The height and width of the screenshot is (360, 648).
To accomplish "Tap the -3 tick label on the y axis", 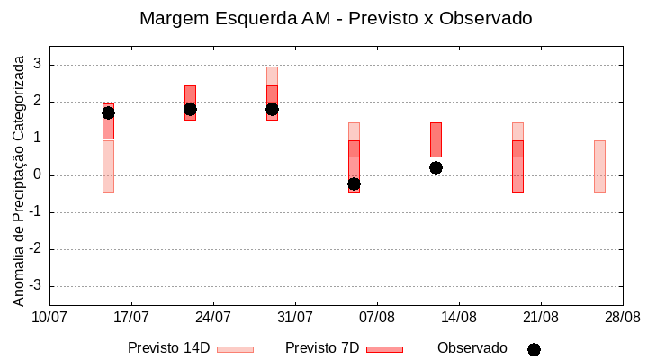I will (36, 286).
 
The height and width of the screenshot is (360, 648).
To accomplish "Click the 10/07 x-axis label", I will (49, 318).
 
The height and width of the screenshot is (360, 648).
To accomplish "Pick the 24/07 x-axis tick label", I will (213, 318).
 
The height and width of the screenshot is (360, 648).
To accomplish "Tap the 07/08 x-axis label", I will (377, 318).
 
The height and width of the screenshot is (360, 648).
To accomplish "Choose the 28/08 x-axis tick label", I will (622, 318).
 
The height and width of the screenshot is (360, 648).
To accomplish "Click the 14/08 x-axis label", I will (459, 318).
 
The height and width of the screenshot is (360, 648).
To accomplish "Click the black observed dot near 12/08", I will (436, 167).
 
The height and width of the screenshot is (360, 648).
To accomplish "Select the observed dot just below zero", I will (354, 184).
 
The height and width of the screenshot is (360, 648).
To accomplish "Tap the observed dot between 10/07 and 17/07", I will (108, 112).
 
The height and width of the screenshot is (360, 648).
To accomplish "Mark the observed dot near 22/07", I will (190, 109).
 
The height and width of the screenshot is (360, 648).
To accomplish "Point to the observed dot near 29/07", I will (272, 109).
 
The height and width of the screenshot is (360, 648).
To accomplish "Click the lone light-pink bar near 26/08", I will (599, 166).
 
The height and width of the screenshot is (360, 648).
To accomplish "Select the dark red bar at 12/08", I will (436, 139).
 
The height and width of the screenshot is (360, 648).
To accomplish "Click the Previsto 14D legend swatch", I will (235, 349).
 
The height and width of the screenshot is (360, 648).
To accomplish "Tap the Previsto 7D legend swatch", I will (384, 349).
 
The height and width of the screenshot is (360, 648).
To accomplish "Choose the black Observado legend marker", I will (534, 349).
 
